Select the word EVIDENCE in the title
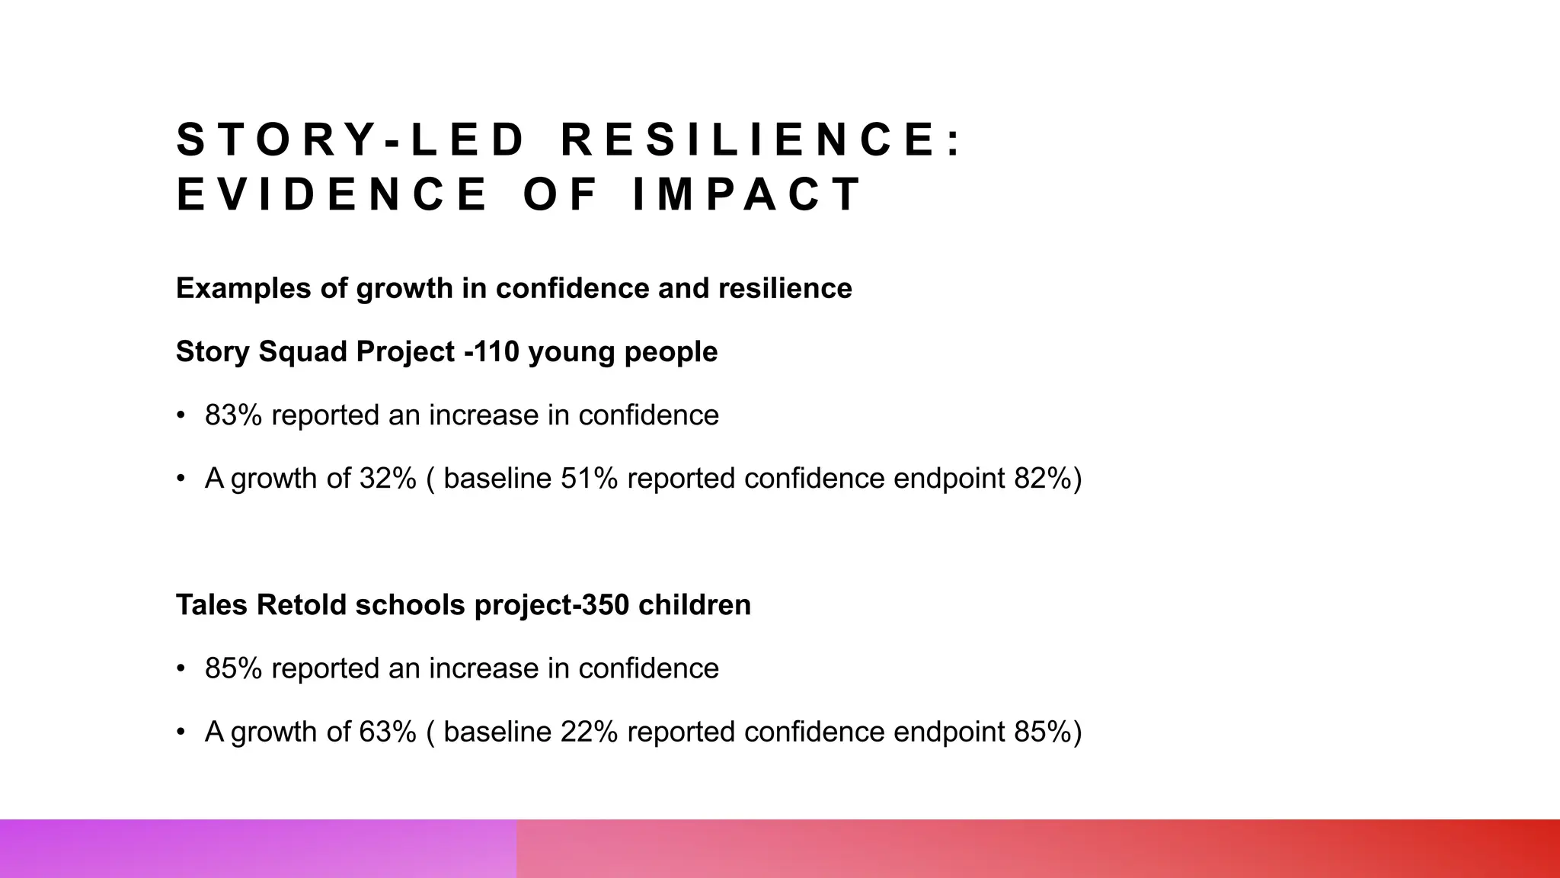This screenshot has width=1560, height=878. (332, 194)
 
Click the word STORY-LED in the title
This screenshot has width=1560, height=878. (350, 140)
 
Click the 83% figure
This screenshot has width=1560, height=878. (233, 415)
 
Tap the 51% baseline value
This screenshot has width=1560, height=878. (589, 479)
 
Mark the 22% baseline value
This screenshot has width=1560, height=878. (589, 732)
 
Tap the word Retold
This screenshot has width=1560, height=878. (302, 605)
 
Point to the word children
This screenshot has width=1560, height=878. (695, 605)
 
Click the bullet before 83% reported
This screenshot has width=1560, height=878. (181, 416)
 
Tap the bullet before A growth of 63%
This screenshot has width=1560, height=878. (181, 732)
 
